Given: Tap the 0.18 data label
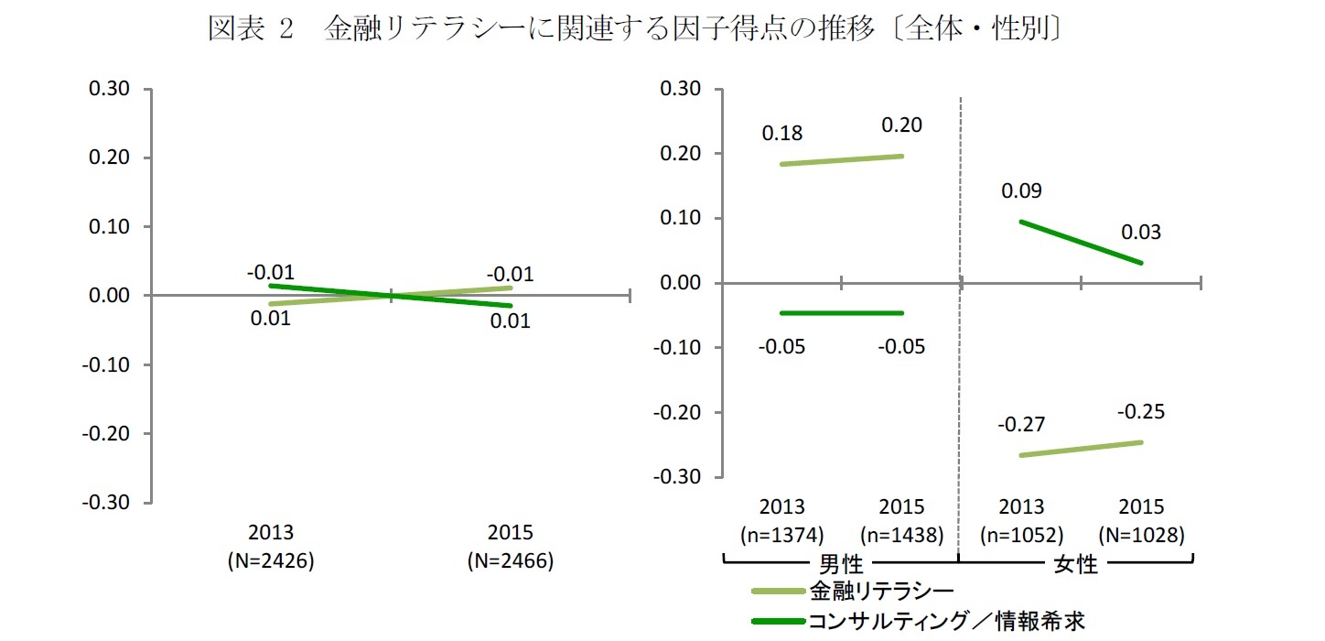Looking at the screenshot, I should click(x=782, y=134).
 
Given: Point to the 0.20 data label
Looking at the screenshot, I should click(x=901, y=125).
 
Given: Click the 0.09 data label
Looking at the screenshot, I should click(x=1021, y=191).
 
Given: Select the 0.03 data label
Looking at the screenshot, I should click(x=1140, y=233).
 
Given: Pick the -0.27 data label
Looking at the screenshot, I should click(x=1021, y=425).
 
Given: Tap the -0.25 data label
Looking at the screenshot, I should click(x=1140, y=412).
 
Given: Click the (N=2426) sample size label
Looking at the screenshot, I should click(x=271, y=561).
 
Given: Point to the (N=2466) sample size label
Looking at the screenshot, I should click(x=511, y=561).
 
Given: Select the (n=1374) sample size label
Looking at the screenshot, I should click(x=782, y=534).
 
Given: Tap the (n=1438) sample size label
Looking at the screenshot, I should click(x=901, y=534).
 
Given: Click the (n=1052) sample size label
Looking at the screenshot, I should click(x=1021, y=534).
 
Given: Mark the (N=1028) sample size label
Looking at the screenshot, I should click(x=1140, y=534).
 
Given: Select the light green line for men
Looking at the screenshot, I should click(x=842, y=160).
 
